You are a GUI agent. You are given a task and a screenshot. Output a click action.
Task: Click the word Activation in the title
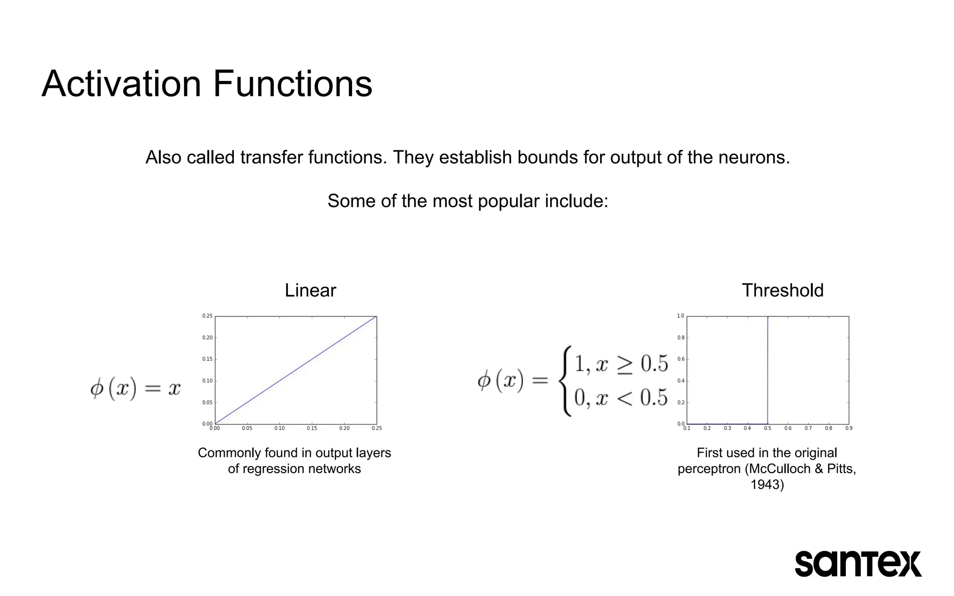121,84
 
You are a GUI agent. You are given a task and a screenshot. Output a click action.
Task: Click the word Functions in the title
293,84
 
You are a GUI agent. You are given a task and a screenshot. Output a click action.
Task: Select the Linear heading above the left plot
310,291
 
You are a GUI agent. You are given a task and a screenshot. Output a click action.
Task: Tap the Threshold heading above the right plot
783,291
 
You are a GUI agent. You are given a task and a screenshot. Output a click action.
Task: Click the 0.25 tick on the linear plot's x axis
377,428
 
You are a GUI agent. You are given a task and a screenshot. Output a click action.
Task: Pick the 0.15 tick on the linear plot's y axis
207,359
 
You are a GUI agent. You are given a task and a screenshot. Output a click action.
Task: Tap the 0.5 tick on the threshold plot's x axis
768,428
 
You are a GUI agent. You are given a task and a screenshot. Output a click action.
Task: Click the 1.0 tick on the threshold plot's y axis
681,316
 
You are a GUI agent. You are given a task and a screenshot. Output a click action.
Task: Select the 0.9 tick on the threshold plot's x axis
849,428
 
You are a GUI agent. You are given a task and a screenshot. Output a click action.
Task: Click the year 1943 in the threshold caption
767,485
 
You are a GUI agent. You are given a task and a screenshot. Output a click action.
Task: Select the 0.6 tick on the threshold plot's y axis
681,359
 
